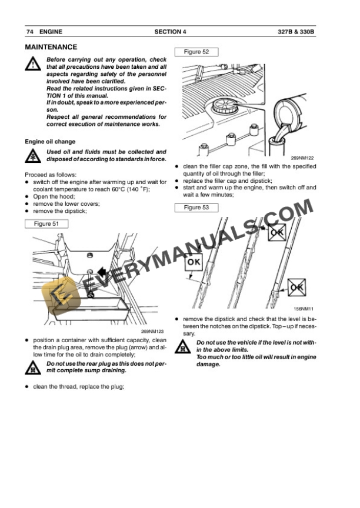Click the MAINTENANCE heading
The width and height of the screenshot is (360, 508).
coord(51,47)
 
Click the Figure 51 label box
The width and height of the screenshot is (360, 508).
coord(46,223)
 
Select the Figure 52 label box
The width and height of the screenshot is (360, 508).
coord(196,52)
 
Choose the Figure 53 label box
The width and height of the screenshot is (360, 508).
coord(196,208)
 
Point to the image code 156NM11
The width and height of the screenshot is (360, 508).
coord(305,309)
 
